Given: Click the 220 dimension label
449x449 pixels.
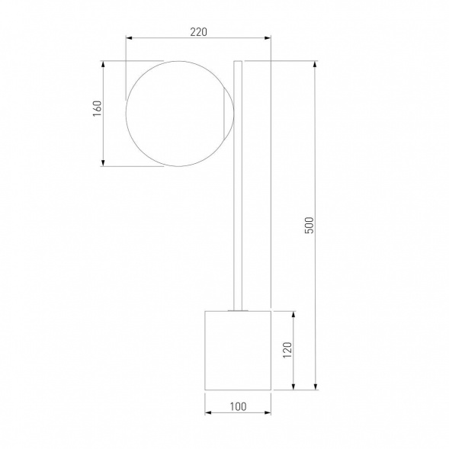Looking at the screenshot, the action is click(198, 32).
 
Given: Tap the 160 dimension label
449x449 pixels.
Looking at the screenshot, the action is click(98, 108).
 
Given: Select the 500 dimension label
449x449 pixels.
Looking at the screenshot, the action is click(309, 226).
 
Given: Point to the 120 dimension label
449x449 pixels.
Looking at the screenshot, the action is click(287, 350).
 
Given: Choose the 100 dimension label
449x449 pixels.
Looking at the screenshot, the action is click(238, 406).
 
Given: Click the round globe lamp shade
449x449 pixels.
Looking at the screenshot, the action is click(126, 114).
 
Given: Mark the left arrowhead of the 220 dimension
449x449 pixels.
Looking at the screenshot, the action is click(129, 38).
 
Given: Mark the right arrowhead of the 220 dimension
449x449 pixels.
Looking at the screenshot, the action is click(268, 38).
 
